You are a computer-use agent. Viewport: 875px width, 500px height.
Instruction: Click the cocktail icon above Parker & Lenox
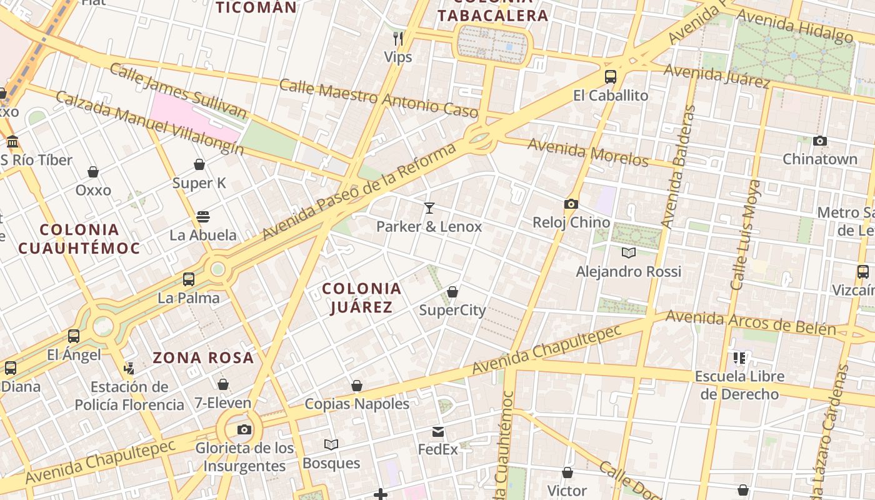point(429,208)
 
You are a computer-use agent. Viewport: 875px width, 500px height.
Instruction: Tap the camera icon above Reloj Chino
point(571,204)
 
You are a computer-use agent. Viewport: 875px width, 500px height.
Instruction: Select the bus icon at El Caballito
point(611,77)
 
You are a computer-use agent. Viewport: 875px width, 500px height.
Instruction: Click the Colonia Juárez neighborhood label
point(361,297)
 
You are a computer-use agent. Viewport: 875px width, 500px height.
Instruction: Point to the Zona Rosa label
point(203,358)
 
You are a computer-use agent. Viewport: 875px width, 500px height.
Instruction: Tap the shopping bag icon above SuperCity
point(452,292)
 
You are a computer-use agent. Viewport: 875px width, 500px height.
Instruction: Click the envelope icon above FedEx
point(437,432)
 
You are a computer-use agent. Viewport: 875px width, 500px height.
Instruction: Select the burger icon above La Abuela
point(203,217)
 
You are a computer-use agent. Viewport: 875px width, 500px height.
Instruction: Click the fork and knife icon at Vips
point(397,39)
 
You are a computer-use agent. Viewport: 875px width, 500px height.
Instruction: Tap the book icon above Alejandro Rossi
point(629,252)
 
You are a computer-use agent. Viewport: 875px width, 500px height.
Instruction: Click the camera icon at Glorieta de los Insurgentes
point(244,429)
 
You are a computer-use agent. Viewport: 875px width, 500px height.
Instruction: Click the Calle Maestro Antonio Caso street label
point(378,98)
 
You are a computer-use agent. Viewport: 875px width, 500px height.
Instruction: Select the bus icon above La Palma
point(189,279)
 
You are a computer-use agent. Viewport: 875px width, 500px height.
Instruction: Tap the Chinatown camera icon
point(820,141)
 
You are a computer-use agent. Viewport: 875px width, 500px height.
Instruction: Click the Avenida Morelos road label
point(588,152)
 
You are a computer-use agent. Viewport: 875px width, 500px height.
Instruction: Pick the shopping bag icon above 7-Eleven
point(223,384)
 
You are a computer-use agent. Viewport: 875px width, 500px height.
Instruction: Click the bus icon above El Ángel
point(74,336)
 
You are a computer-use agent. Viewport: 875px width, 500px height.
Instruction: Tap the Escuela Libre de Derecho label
point(739,386)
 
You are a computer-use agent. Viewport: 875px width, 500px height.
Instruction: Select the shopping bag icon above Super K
point(199,164)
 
